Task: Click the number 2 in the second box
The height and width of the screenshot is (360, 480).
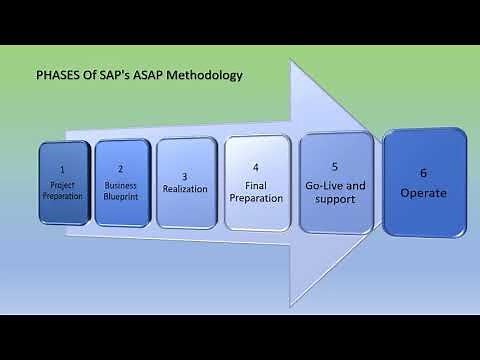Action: (x=120, y=171)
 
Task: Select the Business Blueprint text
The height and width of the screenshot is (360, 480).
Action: (x=120, y=190)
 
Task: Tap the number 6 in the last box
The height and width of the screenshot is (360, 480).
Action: (x=424, y=173)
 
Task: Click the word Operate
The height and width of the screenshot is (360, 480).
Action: (x=424, y=193)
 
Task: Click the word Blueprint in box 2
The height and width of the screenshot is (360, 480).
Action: (x=120, y=196)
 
